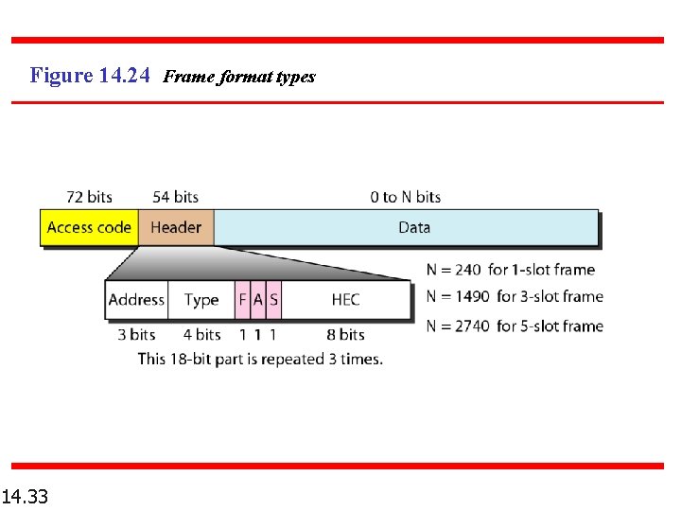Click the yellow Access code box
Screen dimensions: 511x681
89,227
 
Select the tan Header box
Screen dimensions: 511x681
176,227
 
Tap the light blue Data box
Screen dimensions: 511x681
407,227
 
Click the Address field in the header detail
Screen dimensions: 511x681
136,300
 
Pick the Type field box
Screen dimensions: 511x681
201,300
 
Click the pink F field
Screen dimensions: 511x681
242,300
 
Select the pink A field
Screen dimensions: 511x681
258,300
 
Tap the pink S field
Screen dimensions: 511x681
273,300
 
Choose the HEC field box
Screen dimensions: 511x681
346,300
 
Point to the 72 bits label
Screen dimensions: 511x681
89,197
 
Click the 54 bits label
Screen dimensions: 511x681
175,197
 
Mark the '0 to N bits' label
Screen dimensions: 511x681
406,197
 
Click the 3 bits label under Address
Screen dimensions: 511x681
136,334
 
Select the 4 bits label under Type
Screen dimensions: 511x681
201,334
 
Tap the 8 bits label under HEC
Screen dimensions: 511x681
345,334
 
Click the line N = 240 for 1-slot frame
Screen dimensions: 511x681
511,270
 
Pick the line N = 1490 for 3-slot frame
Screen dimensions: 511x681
515,296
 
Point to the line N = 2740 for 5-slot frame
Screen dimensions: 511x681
515,326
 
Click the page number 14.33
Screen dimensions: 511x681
26,495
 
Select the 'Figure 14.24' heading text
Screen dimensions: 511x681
90,75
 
